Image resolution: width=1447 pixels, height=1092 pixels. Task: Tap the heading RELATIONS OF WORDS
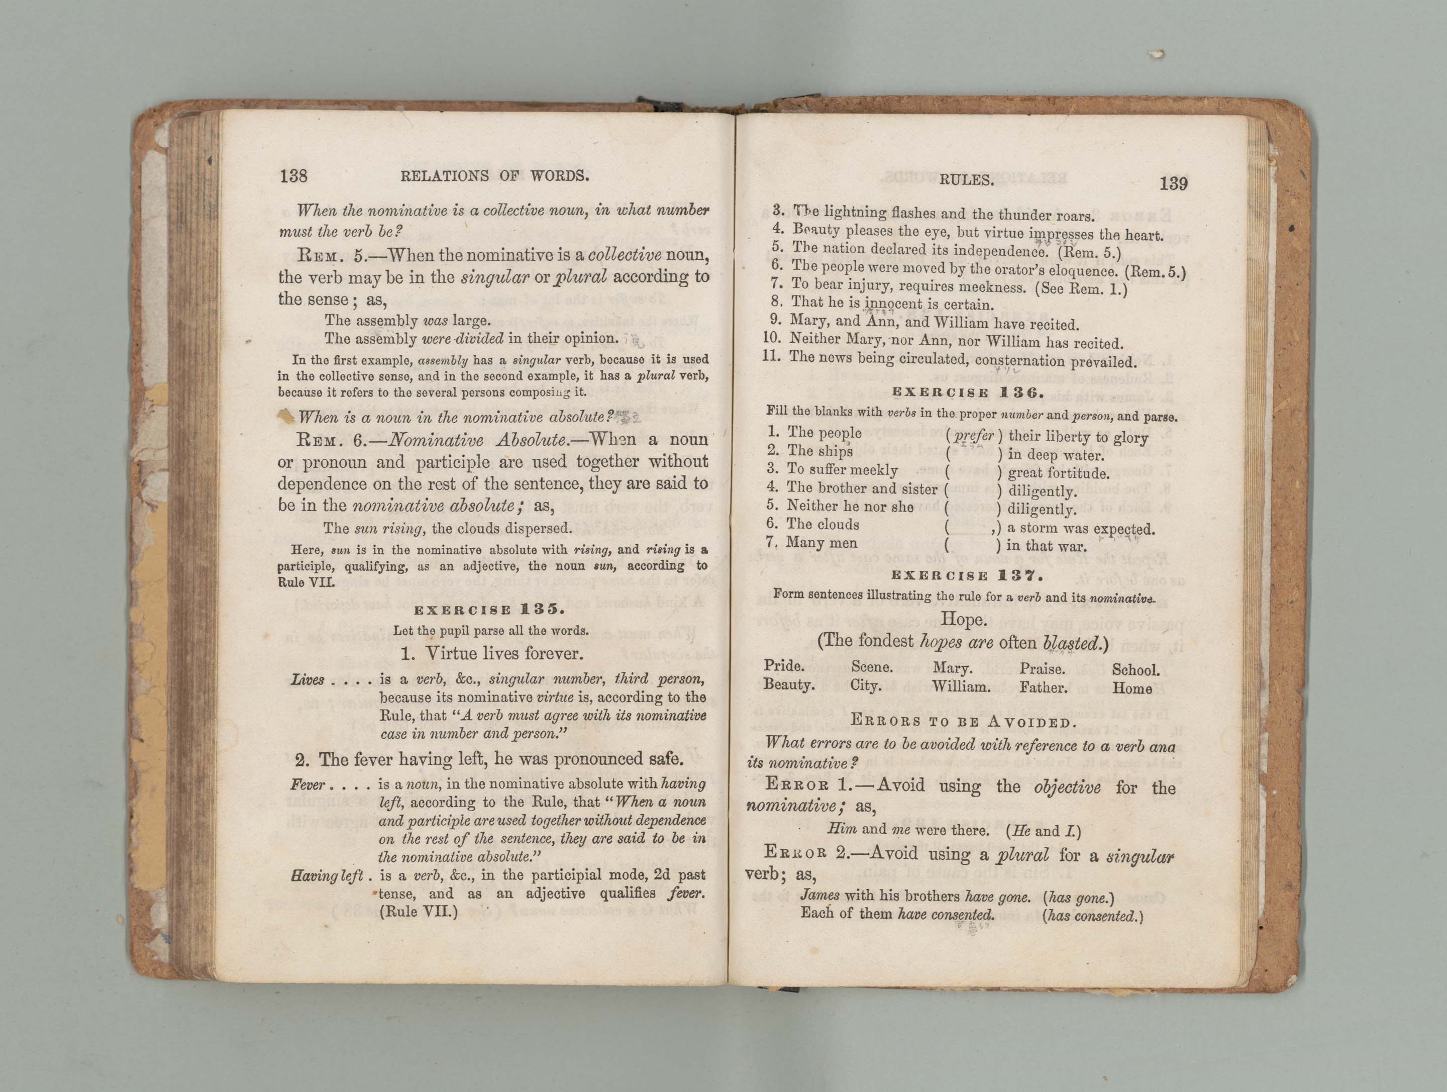[494, 176]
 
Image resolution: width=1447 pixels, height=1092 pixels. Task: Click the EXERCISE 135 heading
[489, 610]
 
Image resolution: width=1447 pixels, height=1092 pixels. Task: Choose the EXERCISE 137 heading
[967, 576]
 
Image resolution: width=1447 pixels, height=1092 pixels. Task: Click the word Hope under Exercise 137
[963, 619]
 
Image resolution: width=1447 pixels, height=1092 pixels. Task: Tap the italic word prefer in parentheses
[974, 435]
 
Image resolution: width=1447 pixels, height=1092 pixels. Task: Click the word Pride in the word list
[784, 666]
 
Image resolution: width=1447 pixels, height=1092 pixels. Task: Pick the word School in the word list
[1135, 670]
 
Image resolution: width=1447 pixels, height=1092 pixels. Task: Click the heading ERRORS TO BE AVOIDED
[963, 722]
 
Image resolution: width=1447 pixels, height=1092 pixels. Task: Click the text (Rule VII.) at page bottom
[418, 912]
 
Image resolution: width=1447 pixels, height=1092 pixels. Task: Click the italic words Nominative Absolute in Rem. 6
[477, 440]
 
